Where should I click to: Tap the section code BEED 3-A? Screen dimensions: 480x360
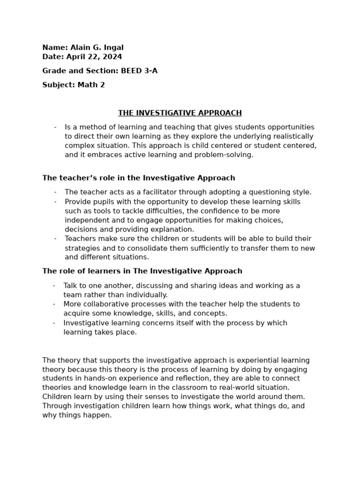click(x=139, y=71)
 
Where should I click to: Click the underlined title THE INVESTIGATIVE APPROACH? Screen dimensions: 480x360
click(x=180, y=113)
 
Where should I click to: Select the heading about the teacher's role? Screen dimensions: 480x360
click(x=139, y=178)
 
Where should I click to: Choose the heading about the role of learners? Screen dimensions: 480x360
click(x=142, y=271)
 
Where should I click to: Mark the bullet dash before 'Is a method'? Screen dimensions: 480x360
click(x=55, y=127)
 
